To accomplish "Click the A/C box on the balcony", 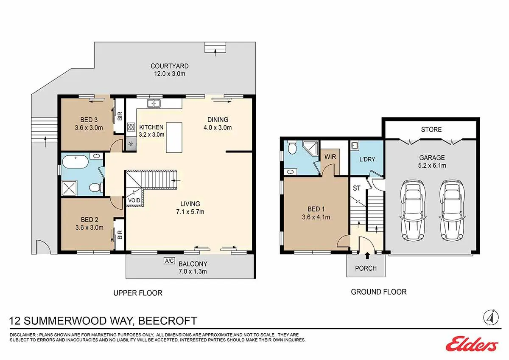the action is click(169, 261).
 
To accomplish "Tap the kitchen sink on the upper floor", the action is click(154, 103).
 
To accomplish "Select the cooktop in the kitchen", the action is click(131, 127).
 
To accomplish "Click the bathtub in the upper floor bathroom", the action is click(75, 162).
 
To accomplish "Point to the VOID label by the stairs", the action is click(134, 200).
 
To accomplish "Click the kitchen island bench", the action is click(174, 138).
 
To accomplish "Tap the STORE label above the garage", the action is click(431, 129).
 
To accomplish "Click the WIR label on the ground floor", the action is click(330, 157).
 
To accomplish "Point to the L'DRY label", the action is click(367, 160).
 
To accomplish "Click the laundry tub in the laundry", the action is click(355, 145).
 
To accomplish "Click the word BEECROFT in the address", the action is click(168, 321).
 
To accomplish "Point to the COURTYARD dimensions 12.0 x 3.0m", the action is click(170, 74).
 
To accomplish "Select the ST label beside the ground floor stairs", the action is click(357, 188).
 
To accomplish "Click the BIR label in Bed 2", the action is click(120, 234).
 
